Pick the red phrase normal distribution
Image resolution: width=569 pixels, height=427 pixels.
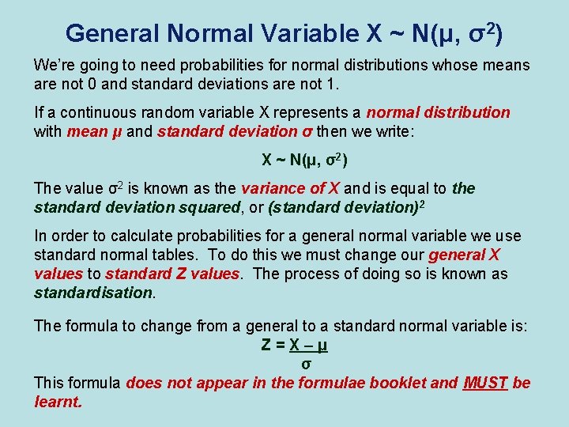[x=438, y=112]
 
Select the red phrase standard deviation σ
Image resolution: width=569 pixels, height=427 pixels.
[x=229, y=131]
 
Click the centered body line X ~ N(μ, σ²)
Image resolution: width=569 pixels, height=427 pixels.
[x=305, y=161]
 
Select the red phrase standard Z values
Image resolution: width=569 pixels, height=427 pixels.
[x=172, y=274]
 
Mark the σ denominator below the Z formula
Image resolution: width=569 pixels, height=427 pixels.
[x=306, y=365]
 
